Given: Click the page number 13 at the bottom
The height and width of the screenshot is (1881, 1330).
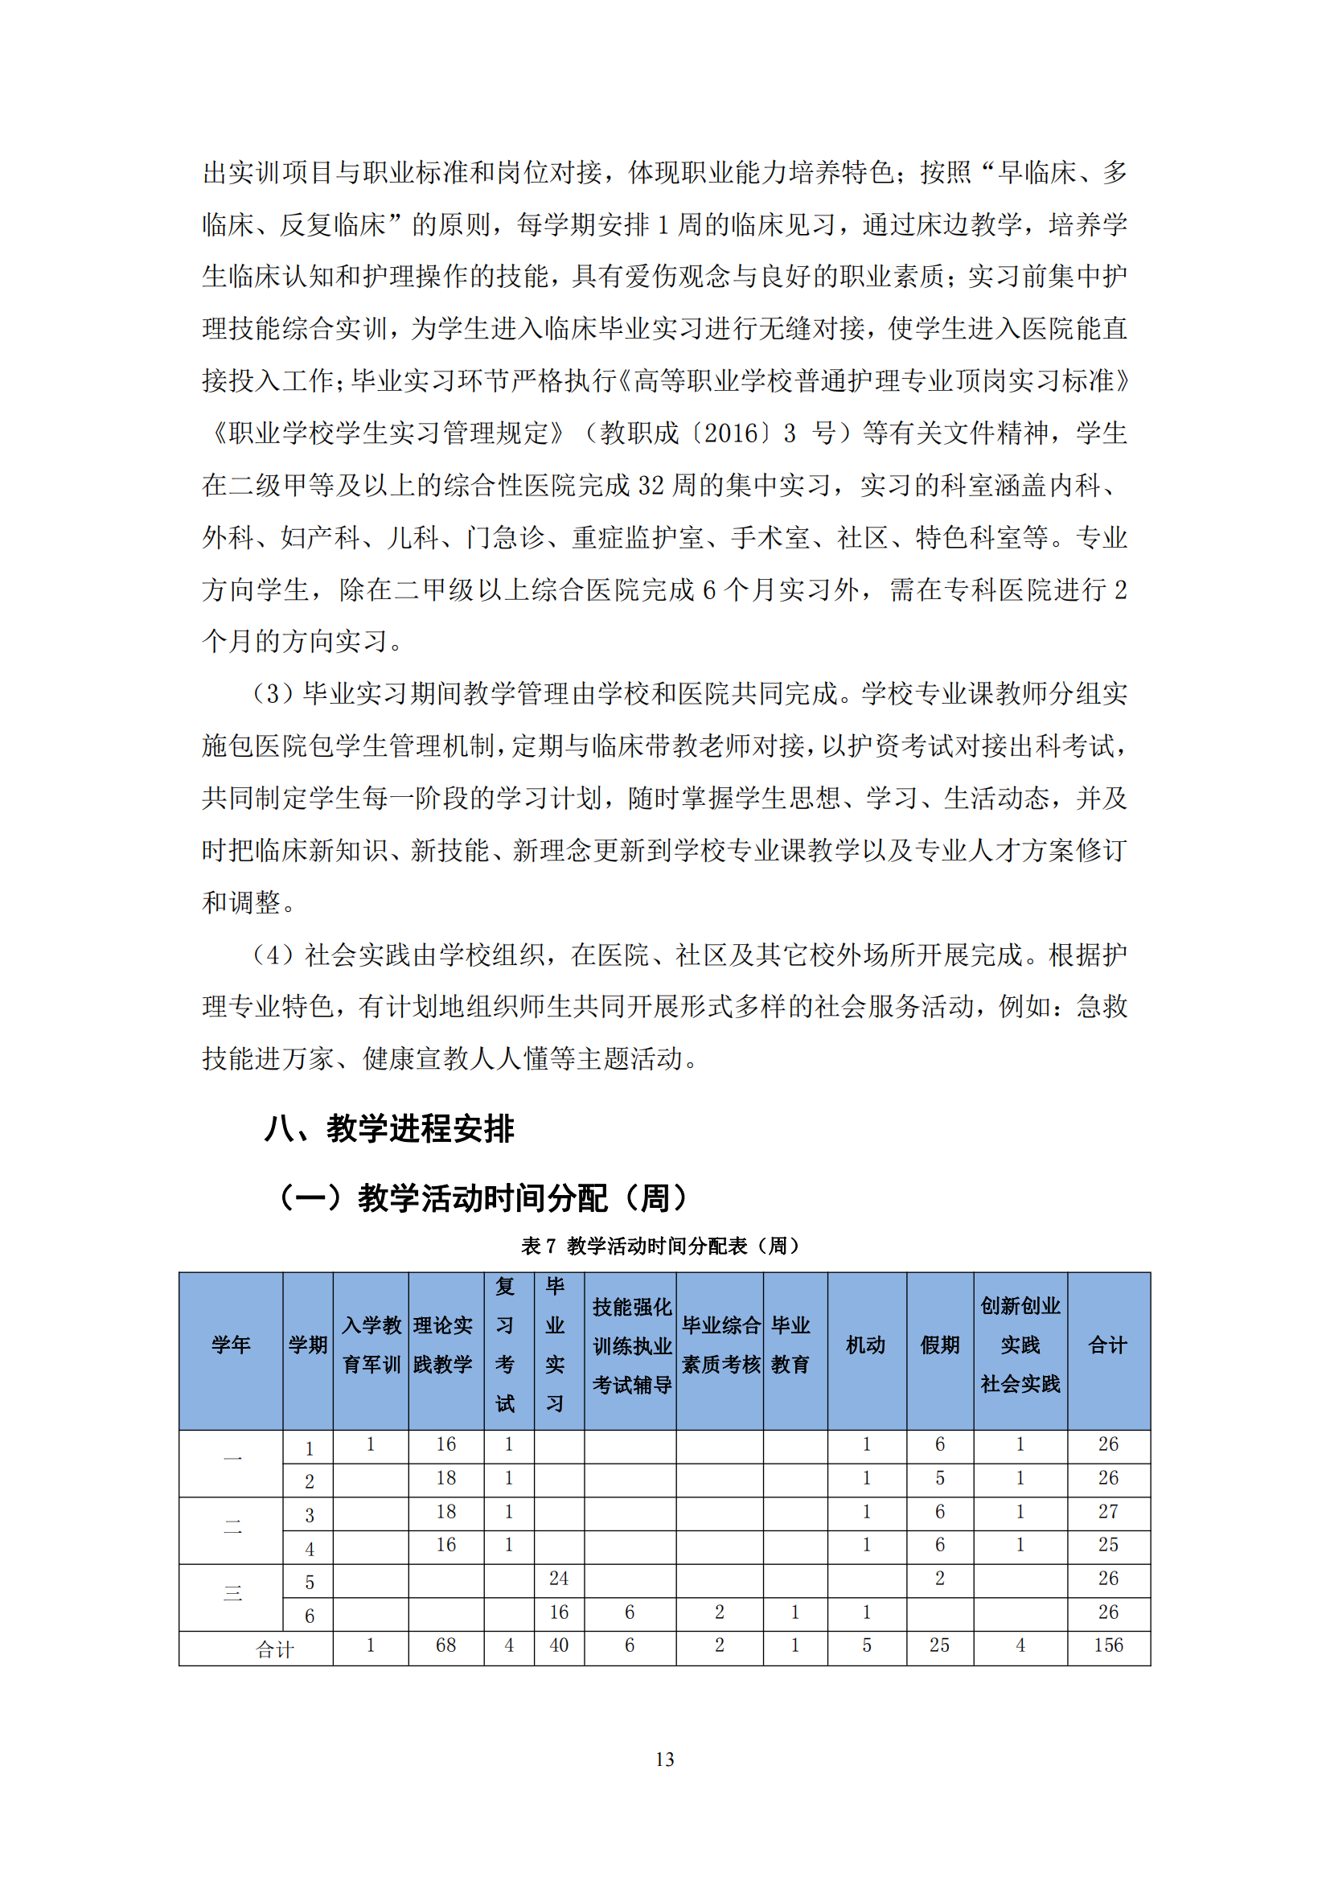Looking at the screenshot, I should (x=664, y=1759).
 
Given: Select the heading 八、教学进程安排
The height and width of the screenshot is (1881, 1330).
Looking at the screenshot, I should (x=389, y=1129).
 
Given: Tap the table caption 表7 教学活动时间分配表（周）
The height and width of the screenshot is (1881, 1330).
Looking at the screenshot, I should (x=660, y=1246).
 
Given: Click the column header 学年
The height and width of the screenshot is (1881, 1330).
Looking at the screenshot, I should (x=231, y=1345).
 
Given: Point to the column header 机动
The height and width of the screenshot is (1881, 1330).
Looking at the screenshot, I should (x=866, y=1345).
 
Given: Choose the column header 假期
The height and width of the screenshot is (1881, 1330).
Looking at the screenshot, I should (x=939, y=1345).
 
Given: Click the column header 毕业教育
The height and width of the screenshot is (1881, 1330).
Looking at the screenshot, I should (x=790, y=1345).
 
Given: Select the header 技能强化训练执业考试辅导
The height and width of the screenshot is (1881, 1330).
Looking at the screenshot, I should (x=631, y=1345).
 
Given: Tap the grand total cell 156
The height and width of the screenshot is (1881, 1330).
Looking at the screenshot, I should (x=1108, y=1645).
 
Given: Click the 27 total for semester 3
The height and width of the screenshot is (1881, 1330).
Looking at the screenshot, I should (x=1108, y=1512).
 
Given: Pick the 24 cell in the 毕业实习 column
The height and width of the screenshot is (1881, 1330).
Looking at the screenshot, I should (x=559, y=1579).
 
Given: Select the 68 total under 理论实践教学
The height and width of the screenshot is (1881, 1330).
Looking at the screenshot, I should (x=445, y=1645).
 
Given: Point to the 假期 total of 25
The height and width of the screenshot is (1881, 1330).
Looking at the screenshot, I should (x=939, y=1645).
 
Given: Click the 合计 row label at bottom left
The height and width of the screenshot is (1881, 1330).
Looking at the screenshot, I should (x=274, y=1649).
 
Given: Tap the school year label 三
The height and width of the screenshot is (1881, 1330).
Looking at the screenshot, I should (x=232, y=1593).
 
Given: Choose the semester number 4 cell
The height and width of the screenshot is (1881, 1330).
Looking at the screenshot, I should (x=309, y=1549).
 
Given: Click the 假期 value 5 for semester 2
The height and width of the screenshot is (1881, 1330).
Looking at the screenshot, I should (x=939, y=1478).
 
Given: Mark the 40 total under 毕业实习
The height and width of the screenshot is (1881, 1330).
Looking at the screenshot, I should (x=559, y=1645).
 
